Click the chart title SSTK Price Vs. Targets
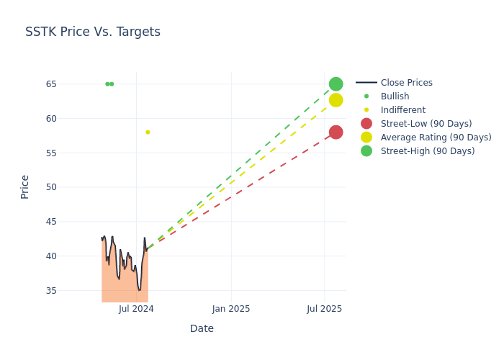click(x=93, y=32)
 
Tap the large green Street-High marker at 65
click(x=336, y=84)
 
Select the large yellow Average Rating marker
click(x=336, y=100)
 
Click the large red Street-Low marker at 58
click(x=336, y=132)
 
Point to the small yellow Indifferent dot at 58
click(x=148, y=132)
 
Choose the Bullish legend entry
click(x=395, y=96)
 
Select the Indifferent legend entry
click(x=402, y=110)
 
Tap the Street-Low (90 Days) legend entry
click(x=426, y=124)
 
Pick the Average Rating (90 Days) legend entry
click(x=436, y=138)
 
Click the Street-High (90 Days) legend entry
click(x=428, y=151)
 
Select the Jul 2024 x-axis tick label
click(x=136, y=309)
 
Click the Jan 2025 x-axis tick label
click(x=231, y=309)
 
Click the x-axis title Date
click(x=202, y=329)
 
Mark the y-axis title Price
click(x=25, y=186)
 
